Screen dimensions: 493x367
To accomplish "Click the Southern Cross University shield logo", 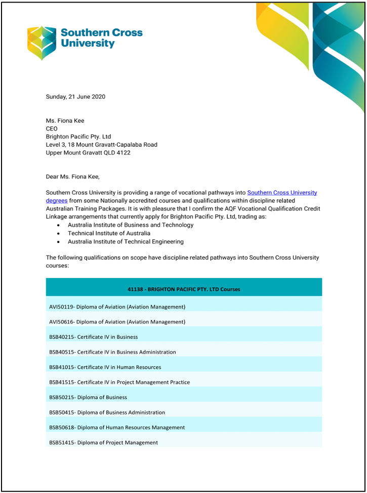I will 42,42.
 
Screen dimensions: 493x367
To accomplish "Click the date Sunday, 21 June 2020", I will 75,96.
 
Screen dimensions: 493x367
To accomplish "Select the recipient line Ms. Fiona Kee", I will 65,121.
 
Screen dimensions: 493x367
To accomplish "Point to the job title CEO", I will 52,129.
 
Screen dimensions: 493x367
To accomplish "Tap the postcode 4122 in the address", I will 123,153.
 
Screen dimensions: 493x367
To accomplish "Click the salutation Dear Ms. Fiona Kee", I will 73,177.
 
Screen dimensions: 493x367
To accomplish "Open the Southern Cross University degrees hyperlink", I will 281,193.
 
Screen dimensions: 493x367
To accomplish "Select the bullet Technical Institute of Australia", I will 109,233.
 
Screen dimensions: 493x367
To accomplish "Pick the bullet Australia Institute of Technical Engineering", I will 126,241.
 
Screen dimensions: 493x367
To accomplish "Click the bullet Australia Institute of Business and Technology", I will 131,225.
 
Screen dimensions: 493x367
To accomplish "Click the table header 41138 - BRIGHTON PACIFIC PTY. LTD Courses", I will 184,289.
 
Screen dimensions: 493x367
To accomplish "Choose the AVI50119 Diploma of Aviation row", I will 117,307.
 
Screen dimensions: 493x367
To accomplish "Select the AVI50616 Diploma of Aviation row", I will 117,322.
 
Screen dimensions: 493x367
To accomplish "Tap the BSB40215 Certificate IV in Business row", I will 93,337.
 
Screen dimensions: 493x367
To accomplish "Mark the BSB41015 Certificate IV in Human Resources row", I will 105,367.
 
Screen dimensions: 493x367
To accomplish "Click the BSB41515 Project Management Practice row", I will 119,382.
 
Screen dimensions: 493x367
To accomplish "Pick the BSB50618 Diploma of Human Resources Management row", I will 117,428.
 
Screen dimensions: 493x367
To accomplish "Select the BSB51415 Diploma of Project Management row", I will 103,442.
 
